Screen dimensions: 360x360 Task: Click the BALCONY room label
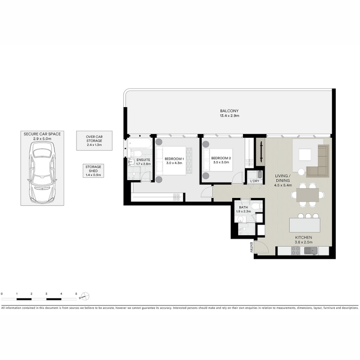pos(229,111)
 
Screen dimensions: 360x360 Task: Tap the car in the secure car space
pos(42,172)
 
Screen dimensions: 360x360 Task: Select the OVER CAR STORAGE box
pos(94,141)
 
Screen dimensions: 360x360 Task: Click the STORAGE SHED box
pos(93,171)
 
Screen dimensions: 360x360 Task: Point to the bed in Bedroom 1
pos(171,161)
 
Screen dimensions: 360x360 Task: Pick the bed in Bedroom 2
pos(218,160)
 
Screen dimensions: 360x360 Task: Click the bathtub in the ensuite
pos(140,144)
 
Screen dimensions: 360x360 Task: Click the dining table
pos(308,195)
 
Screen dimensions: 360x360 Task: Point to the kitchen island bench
pos(305,225)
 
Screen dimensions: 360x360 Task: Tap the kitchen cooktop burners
pos(296,251)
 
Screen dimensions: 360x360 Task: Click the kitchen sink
pos(310,251)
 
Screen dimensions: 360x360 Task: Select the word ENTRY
pos(252,247)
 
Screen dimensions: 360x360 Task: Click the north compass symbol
pos(85,297)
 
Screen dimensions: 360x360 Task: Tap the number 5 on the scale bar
pos(76,294)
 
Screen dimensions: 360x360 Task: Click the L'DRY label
pos(255,181)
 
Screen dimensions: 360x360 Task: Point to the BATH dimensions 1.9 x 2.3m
pos(243,211)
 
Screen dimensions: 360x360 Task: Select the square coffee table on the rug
pos(305,155)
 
